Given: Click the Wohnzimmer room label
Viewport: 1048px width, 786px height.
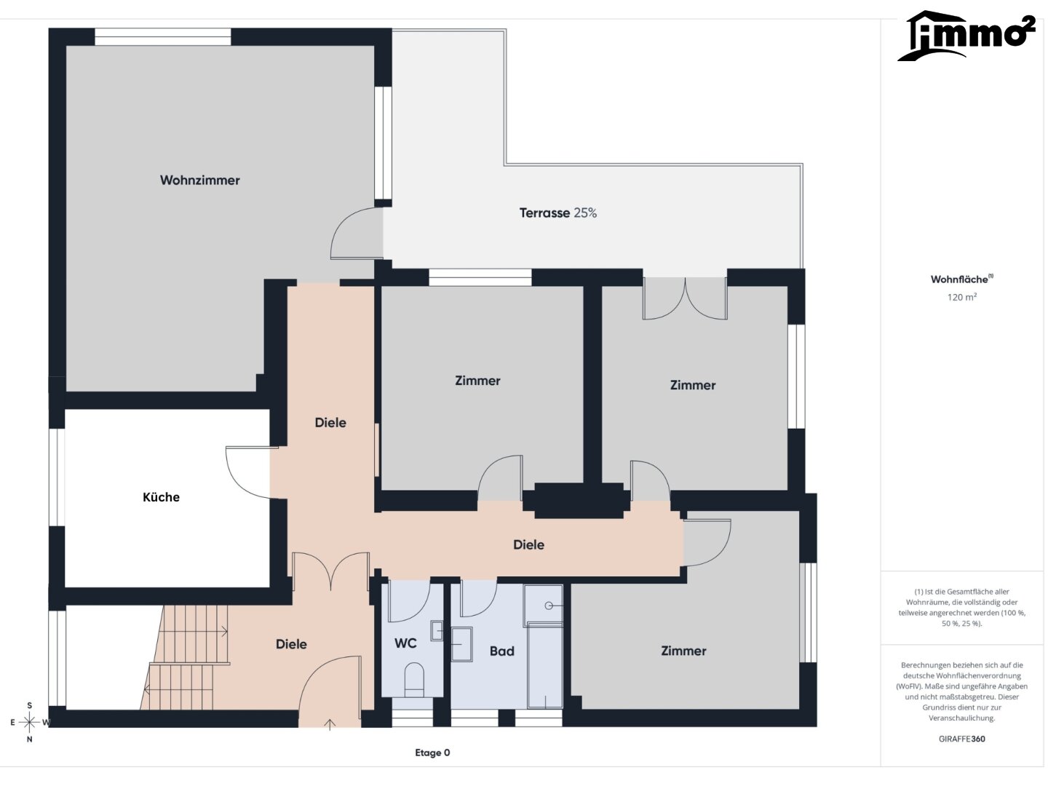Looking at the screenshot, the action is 199,180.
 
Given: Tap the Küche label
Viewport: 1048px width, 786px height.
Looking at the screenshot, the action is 161,497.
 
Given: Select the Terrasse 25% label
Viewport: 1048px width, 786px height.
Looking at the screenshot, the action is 557,213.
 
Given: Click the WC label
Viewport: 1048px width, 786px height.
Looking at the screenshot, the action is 405,643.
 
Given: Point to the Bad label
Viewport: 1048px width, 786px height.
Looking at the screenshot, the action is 501,651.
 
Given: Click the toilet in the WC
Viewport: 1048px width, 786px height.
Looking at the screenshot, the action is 414,680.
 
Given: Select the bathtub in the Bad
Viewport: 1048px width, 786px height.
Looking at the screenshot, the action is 545,665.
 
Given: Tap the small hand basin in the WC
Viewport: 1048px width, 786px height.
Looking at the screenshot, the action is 437,630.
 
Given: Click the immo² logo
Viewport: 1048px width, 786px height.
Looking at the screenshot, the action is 966,36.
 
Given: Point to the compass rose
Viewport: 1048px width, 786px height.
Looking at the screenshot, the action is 30,722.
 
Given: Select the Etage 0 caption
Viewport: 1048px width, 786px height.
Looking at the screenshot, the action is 432,753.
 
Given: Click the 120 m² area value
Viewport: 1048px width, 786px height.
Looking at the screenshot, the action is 961,297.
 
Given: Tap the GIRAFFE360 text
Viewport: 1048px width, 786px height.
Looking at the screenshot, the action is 961,739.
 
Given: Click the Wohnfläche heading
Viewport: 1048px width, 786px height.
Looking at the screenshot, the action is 961,279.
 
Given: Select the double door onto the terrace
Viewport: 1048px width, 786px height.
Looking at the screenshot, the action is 685,298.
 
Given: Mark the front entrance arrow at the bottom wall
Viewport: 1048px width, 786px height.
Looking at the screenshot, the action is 330,724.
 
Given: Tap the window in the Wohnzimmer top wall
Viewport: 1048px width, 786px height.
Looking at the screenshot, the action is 163,37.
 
